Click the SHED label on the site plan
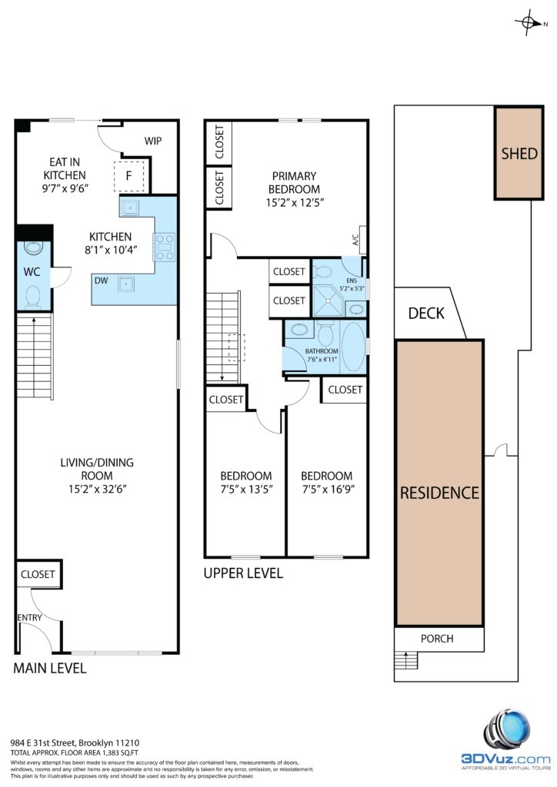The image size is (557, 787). pos(519,153)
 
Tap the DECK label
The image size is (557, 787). pos(426,314)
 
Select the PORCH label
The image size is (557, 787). pos(437,639)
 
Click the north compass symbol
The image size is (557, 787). pos(528,22)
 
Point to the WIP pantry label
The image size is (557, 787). pos(152,141)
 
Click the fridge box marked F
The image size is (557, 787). pos(129,176)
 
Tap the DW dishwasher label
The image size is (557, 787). pos(101,281)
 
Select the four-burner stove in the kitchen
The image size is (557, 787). pos(164,247)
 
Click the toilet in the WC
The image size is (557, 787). pos(33,297)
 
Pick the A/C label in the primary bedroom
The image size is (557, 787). pos(355,240)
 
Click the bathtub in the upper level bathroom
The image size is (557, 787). pos(353,347)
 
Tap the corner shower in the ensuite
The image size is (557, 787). pos(328,301)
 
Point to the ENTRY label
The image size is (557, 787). pos(30,617)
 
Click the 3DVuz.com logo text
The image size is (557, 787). pos(505,759)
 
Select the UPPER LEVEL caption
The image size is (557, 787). pos(243,573)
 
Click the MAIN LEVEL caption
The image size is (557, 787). pos(50,668)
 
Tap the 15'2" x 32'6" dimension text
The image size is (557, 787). pos(98,489)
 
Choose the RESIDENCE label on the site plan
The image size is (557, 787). pos(439,493)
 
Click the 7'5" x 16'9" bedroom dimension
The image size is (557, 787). pos(328,489)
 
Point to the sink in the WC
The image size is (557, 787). pos(34,247)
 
